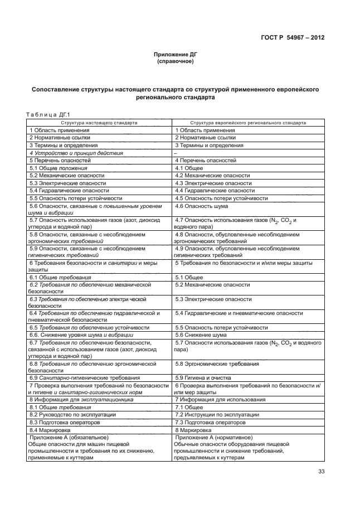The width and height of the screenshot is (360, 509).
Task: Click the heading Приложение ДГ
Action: coord(176,55)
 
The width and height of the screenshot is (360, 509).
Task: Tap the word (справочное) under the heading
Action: coord(176,61)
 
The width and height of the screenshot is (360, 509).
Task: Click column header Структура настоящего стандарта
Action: coord(99,122)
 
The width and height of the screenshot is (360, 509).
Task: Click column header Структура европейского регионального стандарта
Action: coord(247,122)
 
